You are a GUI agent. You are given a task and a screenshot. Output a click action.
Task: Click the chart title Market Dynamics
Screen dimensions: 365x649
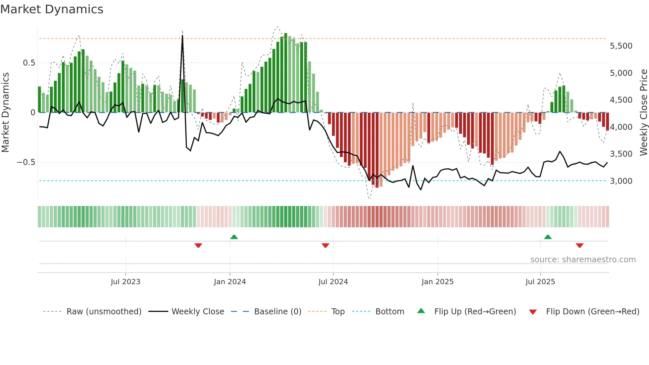tap(52, 9)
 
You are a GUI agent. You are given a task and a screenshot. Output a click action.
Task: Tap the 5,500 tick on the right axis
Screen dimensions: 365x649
tap(621, 46)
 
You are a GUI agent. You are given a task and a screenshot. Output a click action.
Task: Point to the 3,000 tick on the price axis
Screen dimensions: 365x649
tap(621, 181)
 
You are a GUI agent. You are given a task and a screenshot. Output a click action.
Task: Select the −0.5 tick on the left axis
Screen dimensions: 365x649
tap(26, 162)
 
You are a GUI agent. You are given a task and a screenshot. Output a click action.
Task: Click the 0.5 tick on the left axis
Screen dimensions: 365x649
tap(29, 63)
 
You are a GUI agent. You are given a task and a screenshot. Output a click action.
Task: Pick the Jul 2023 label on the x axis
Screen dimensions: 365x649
tap(125, 282)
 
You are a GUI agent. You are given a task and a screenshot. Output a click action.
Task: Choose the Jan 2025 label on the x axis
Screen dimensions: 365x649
tap(437, 282)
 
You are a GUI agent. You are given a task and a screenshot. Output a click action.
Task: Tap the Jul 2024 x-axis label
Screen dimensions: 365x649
tap(333, 282)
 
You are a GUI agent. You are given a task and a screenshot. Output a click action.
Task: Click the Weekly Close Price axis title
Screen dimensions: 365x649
tap(643, 112)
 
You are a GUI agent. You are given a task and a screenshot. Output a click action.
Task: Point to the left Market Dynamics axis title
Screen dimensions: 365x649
tap(5, 112)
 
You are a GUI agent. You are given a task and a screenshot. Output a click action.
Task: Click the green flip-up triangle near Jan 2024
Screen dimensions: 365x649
tap(234, 237)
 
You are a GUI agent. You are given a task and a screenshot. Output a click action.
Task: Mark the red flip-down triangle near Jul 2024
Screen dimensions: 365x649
tap(325, 245)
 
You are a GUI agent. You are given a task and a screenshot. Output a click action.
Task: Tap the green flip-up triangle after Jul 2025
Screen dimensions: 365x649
tap(548, 237)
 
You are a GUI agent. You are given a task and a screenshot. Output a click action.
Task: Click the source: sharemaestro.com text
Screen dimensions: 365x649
tap(583, 259)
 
